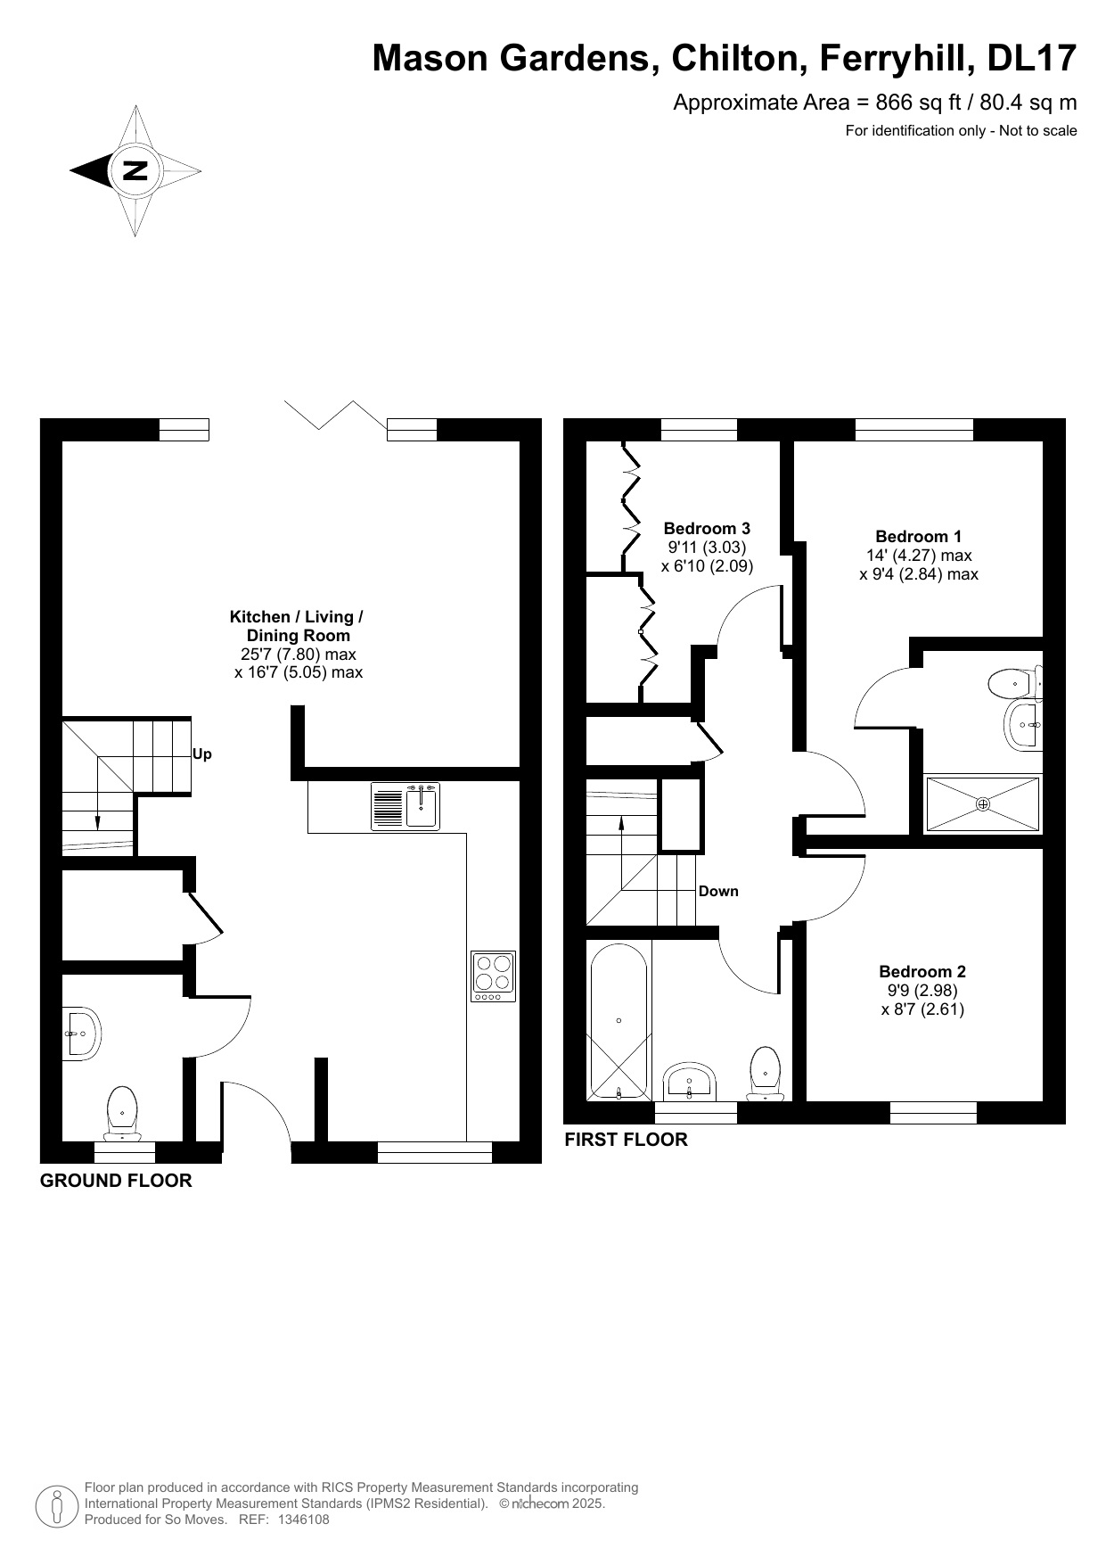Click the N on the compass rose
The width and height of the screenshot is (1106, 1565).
coord(135,170)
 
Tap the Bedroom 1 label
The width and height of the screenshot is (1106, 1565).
coord(918,536)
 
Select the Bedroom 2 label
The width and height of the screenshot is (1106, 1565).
coord(922,971)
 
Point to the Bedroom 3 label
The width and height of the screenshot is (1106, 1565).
coord(707,529)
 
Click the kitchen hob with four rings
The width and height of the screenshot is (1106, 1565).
coord(494,976)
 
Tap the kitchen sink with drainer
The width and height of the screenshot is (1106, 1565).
coord(406,805)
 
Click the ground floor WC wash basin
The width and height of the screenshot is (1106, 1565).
coord(81,1034)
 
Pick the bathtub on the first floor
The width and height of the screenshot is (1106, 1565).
coord(618,1020)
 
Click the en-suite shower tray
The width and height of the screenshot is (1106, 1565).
coord(983,804)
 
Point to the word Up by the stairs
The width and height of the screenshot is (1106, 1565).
coord(202,754)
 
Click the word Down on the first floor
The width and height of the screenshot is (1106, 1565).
coord(718,891)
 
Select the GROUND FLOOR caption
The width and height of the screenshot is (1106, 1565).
coord(116,1181)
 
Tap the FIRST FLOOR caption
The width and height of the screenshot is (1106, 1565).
coord(627,1140)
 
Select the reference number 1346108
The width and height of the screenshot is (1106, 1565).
coord(304,1520)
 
